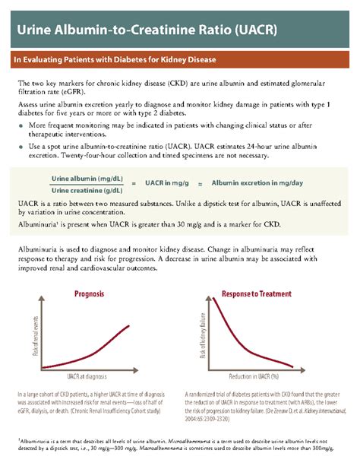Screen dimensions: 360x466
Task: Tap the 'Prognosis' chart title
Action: [x=89, y=294]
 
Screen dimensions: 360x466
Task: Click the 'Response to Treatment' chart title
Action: [x=255, y=294]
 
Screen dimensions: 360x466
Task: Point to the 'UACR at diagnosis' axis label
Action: [x=93, y=377]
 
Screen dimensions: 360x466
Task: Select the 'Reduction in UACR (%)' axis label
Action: [x=254, y=377]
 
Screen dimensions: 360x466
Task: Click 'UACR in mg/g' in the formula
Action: [x=166, y=183]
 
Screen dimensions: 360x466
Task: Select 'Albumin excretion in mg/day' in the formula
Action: [x=257, y=183]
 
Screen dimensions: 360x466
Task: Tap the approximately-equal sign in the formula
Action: [x=200, y=184]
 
